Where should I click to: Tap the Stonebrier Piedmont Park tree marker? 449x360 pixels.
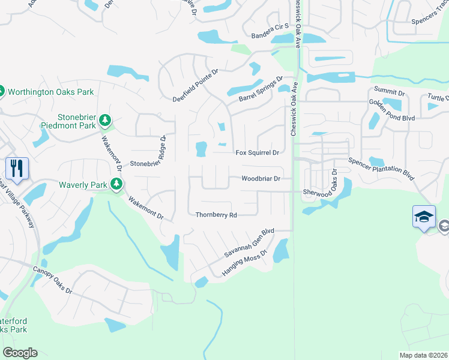tap(106, 121)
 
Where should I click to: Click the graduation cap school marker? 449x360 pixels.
tap(423, 217)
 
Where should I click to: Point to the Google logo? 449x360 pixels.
tap(19, 353)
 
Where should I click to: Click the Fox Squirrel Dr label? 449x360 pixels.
tap(258, 153)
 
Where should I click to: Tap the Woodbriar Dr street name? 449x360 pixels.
tap(261, 178)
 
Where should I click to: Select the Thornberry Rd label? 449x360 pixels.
tap(217, 215)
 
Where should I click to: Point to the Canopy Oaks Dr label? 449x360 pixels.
tap(52, 280)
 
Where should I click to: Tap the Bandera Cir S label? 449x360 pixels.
tap(270, 26)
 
